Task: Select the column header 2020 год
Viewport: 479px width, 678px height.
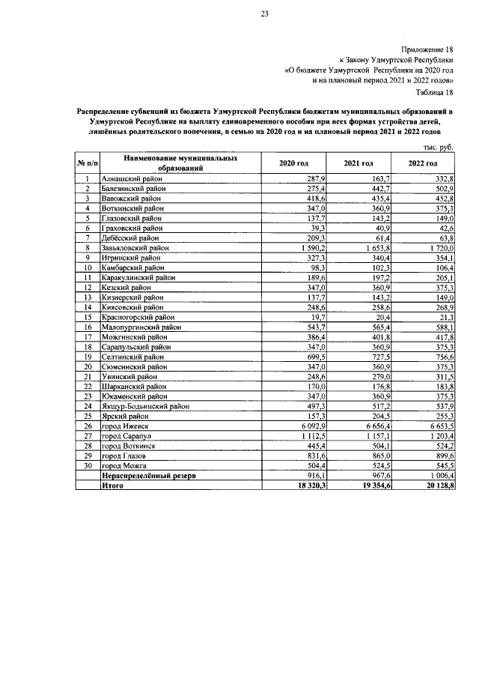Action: [x=293, y=163]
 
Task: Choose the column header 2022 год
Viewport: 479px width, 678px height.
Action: [x=423, y=163]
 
